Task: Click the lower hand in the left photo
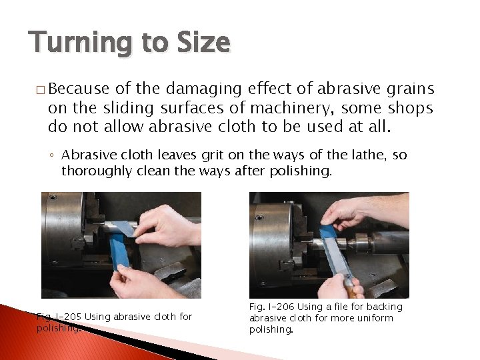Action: coord(143,280)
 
